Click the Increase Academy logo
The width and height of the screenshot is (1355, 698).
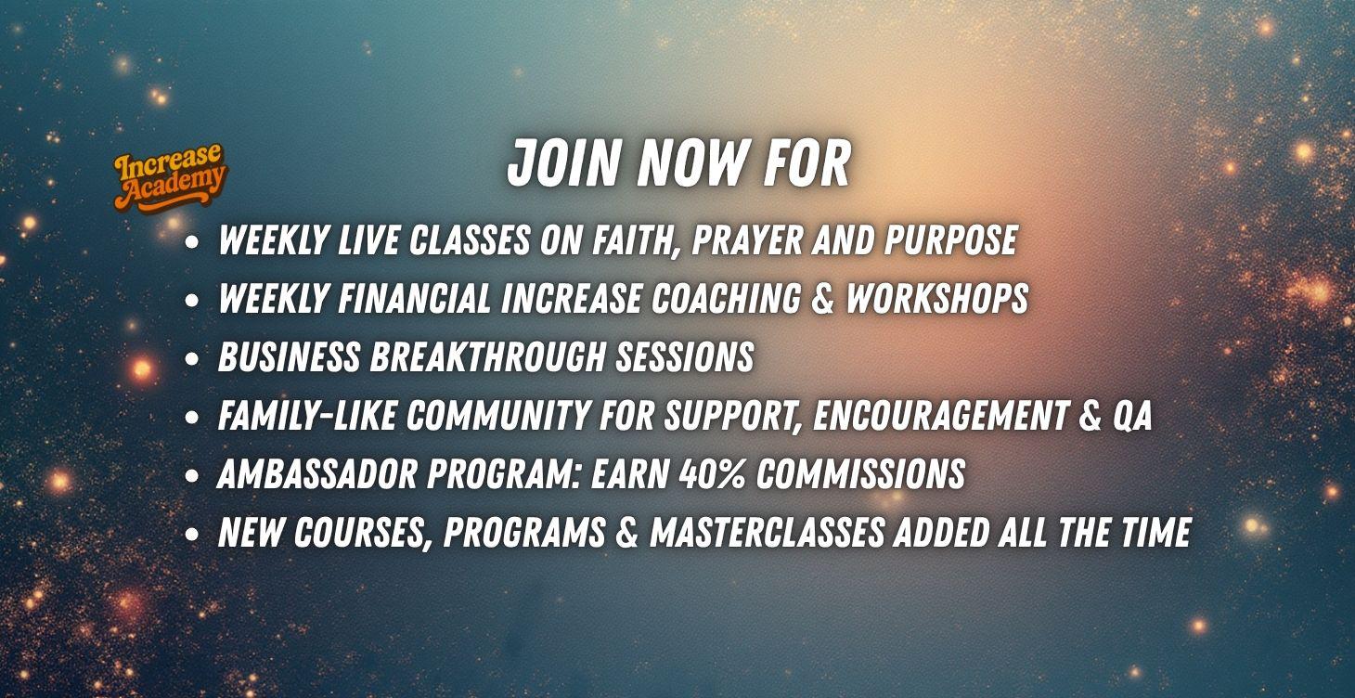click(169, 178)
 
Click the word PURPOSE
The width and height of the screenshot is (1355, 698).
click(950, 240)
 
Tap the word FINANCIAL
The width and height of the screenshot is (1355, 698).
click(414, 299)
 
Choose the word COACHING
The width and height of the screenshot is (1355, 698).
click(726, 299)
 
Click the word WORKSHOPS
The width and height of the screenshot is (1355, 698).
click(936, 299)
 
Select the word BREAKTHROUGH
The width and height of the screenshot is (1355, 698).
click(487, 356)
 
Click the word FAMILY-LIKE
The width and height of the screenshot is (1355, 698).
click(306, 416)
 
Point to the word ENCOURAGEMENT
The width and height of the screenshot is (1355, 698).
click(940, 416)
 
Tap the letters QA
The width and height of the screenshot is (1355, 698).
click(1131, 416)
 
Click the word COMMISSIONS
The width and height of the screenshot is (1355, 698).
click(860, 473)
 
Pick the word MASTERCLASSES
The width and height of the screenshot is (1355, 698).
click(767, 532)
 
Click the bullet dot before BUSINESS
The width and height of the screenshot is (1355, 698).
click(192, 359)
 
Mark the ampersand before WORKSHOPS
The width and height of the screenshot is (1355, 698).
click(822, 299)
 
